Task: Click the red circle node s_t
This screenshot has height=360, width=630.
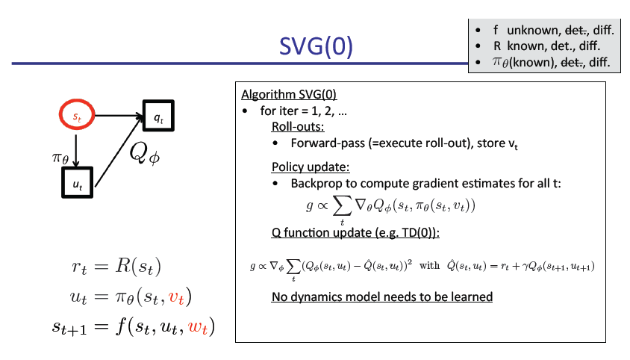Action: pyautogui.click(x=75, y=117)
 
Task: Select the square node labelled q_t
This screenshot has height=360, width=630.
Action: pyautogui.click(x=158, y=117)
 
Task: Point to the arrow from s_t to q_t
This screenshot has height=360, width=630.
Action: pyautogui.click(x=116, y=117)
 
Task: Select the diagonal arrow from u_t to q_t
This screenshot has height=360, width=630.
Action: pyautogui.click(x=119, y=149)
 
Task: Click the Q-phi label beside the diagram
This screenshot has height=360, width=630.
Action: pyautogui.click(x=146, y=153)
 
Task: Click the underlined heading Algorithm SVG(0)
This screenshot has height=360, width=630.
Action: pyautogui.click(x=289, y=96)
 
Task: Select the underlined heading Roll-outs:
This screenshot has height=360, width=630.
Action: pyautogui.click(x=298, y=127)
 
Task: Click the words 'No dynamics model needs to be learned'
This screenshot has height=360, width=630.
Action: pyautogui.click(x=381, y=297)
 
